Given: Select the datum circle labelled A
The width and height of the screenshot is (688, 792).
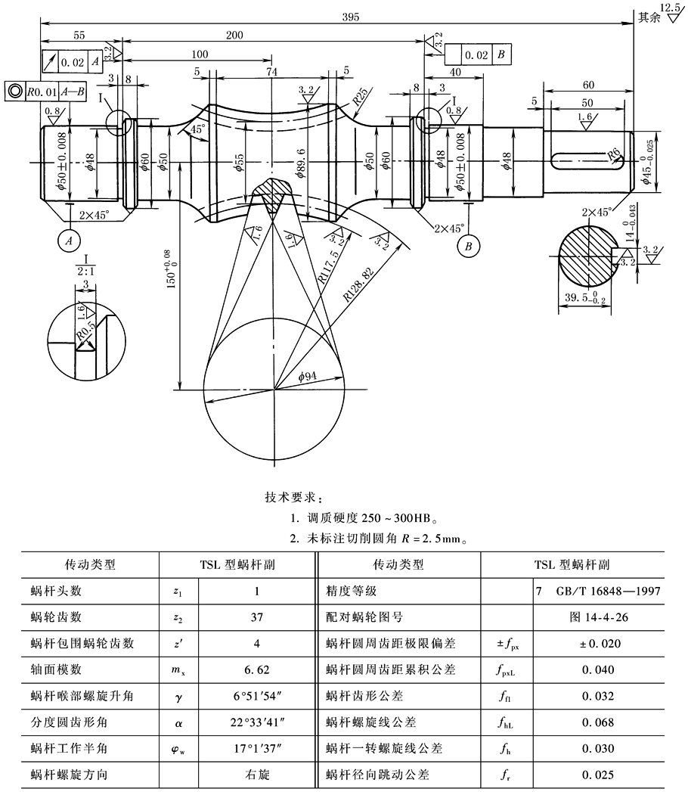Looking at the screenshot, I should (x=69, y=241).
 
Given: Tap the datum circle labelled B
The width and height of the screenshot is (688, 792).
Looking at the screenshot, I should (x=469, y=246).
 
